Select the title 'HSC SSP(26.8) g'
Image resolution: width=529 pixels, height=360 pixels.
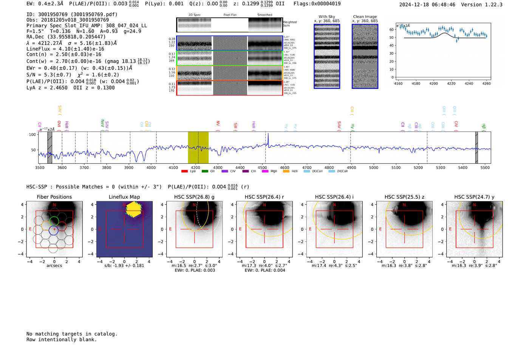[194, 197]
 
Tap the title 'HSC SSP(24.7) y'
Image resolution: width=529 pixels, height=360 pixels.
[474, 197]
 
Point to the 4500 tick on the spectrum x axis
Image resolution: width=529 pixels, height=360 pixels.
[262, 167]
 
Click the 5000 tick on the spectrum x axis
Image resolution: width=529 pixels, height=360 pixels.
[373, 167]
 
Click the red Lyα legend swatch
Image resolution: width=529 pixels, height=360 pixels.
[184, 172]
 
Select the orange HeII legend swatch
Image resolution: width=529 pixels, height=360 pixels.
[286, 172]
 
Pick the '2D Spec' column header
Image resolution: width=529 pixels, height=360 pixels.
[194, 15]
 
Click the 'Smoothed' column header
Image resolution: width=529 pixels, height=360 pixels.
[264, 15]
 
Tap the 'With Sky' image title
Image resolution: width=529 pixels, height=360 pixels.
[326, 17]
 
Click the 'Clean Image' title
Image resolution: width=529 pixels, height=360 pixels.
[365, 17]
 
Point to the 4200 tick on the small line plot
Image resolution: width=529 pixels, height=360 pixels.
[433, 83]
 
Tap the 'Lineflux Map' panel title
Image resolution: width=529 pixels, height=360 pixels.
[124, 197]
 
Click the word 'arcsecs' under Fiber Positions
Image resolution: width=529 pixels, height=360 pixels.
[54, 266]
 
